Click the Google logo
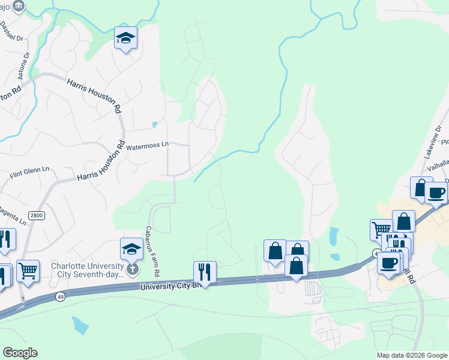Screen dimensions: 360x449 tap(20, 353)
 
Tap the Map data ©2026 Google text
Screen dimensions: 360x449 tap(412, 355)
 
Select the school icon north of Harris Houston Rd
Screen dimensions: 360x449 tap(125, 38)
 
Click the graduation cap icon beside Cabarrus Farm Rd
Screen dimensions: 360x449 tap(131, 248)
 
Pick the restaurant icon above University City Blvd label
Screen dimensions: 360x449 tap(204, 271)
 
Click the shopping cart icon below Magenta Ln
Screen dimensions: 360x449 tap(28, 271)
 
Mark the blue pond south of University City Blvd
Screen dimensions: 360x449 tap(79, 325)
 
